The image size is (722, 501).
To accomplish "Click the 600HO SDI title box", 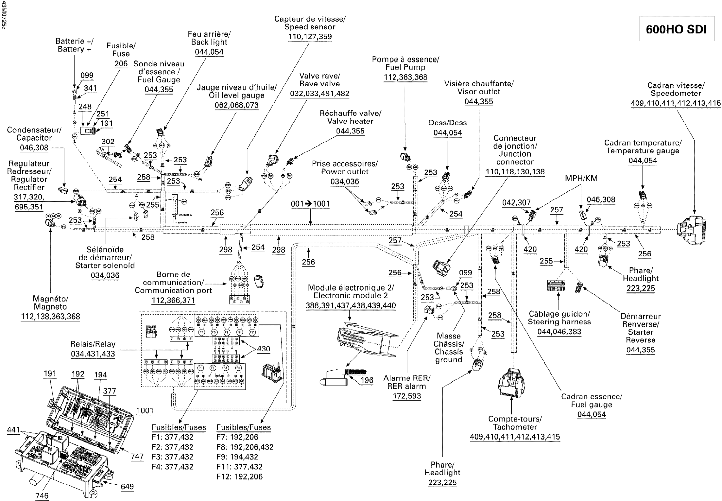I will click(677, 29).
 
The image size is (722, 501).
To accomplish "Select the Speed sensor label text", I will click(310, 23).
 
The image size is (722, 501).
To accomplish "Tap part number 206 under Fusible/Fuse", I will click(121, 64).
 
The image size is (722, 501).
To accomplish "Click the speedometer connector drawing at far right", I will click(691, 229).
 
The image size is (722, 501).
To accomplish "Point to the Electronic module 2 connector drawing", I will click(367, 341).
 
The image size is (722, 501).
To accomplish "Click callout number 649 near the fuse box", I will click(127, 486).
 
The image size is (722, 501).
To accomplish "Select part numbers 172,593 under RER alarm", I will click(407, 396).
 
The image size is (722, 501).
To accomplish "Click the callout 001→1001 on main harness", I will click(310, 204).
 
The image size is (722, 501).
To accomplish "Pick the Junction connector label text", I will click(515, 150).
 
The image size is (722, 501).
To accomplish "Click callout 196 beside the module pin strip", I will click(367, 380).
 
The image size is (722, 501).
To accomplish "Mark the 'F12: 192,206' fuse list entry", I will click(239, 476).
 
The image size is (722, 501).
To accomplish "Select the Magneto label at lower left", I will click(50, 303).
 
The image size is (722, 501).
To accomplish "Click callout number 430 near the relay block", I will click(263, 349).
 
